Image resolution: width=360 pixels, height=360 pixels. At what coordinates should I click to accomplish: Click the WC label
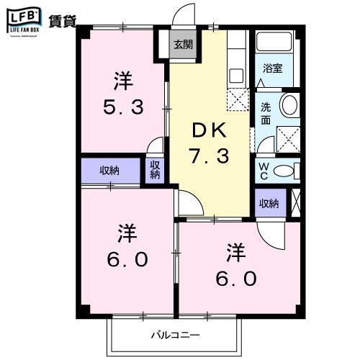pyautogui.click(x=264, y=171)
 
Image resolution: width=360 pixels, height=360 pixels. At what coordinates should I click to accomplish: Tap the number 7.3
pyautogui.click(x=210, y=156)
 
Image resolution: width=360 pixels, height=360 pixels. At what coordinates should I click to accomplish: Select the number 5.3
pyautogui.click(x=123, y=107)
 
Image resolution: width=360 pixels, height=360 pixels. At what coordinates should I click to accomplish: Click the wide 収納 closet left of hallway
pyautogui.click(x=109, y=171)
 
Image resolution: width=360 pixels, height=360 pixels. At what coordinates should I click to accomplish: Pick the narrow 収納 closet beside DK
pyautogui.click(x=155, y=171)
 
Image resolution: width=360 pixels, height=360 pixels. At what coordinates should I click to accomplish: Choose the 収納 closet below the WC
pyautogui.click(x=269, y=204)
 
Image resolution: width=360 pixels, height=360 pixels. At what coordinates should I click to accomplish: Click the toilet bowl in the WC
pyautogui.click(x=285, y=171)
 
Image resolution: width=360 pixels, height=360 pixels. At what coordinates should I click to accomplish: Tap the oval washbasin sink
pyautogui.click(x=289, y=105)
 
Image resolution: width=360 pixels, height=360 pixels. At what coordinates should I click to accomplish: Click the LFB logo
pyautogui.click(x=23, y=17)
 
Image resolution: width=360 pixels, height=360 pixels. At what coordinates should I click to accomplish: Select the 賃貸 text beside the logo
pyautogui.click(x=62, y=19)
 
